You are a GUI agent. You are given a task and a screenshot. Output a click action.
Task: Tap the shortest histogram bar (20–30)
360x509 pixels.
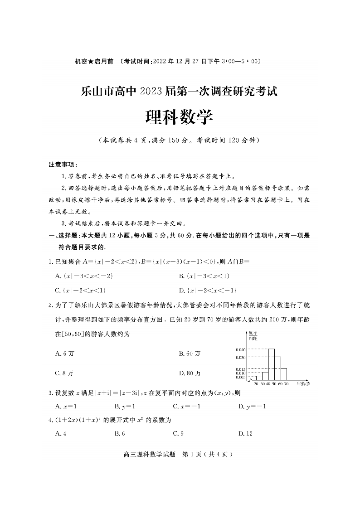[x=259, y=378]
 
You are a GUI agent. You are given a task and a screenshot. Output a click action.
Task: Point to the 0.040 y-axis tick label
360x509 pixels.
[x=240, y=349]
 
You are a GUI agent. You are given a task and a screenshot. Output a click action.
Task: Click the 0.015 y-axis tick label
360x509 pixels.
[x=240, y=369]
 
